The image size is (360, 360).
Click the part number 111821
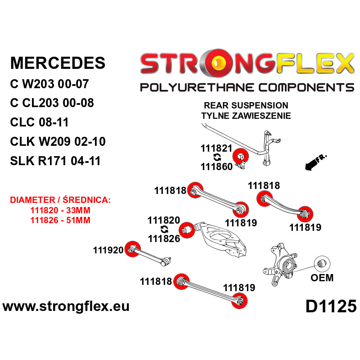tap(216, 148)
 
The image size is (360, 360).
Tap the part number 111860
tap(216, 166)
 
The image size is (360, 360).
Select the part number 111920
tap(108, 250)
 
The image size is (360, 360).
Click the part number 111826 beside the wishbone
tap(164, 238)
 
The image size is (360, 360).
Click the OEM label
tap(322, 278)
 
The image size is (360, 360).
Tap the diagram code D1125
tap(331, 306)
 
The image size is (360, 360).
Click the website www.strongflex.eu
tap(66, 306)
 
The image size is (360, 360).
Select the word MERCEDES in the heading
tap(58, 63)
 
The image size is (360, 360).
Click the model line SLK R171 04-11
tap(55, 161)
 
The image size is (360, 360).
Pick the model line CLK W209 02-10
tap(58, 141)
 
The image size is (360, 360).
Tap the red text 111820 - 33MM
tap(60, 210)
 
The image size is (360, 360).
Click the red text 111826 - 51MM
tap(60, 220)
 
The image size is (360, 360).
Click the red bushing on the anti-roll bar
tap(240, 156)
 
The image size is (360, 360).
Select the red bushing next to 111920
tap(132, 249)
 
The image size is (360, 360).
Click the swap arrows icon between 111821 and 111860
tap(217, 157)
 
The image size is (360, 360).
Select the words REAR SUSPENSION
tap(246, 105)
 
